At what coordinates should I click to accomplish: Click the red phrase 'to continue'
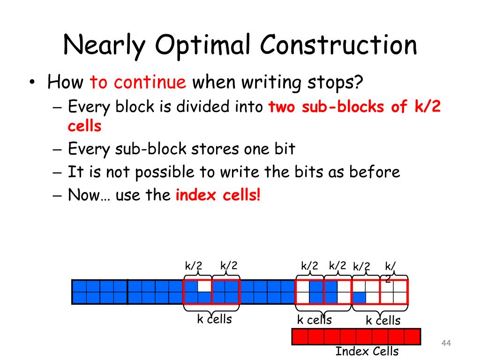(x=138, y=83)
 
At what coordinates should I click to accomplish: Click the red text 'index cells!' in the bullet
(x=217, y=195)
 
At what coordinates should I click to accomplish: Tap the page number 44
(x=446, y=344)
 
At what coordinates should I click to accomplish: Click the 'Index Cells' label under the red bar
(x=367, y=351)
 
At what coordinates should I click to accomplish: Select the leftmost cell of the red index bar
(x=300, y=337)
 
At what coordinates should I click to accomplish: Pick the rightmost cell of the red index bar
(x=412, y=337)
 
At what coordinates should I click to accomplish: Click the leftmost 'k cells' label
(x=214, y=319)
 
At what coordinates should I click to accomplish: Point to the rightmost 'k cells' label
(x=383, y=321)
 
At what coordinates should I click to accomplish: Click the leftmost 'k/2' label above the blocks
(x=193, y=266)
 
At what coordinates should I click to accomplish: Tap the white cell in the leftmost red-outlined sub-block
(x=204, y=285)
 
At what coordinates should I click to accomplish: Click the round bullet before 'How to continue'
(x=31, y=83)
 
